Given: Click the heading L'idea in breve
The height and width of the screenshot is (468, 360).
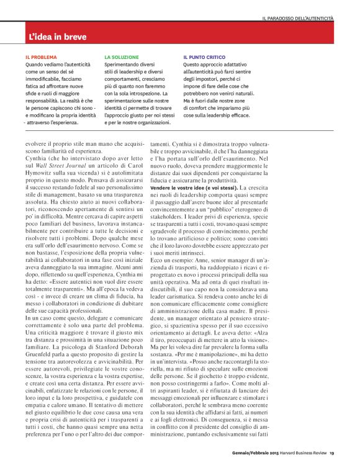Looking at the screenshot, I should [58, 37].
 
